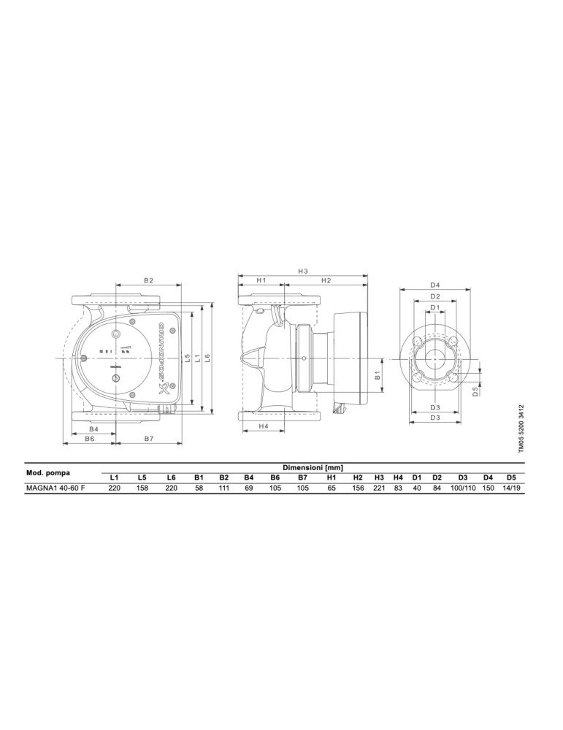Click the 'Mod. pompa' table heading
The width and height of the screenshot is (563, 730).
(x=48, y=472)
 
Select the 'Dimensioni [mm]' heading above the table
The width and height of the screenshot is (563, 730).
(x=312, y=467)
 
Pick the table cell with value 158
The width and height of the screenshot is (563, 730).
(x=142, y=488)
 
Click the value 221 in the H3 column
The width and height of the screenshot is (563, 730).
(x=379, y=488)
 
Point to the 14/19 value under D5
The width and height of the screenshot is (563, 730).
(x=511, y=488)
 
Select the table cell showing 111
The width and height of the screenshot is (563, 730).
(x=224, y=488)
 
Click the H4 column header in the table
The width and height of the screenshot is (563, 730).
(x=398, y=477)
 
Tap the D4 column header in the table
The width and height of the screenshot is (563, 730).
(x=488, y=477)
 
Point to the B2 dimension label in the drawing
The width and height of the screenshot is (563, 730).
(x=148, y=280)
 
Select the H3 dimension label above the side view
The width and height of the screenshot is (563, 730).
(x=303, y=272)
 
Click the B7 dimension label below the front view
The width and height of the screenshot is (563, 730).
(x=148, y=439)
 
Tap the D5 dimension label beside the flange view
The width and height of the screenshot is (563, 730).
(x=475, y=391)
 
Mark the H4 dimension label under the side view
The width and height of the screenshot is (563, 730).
(x=264, y=426)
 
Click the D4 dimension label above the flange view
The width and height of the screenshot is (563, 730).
(x=435, y=285)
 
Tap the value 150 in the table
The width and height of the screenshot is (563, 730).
(x=488, y=488)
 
